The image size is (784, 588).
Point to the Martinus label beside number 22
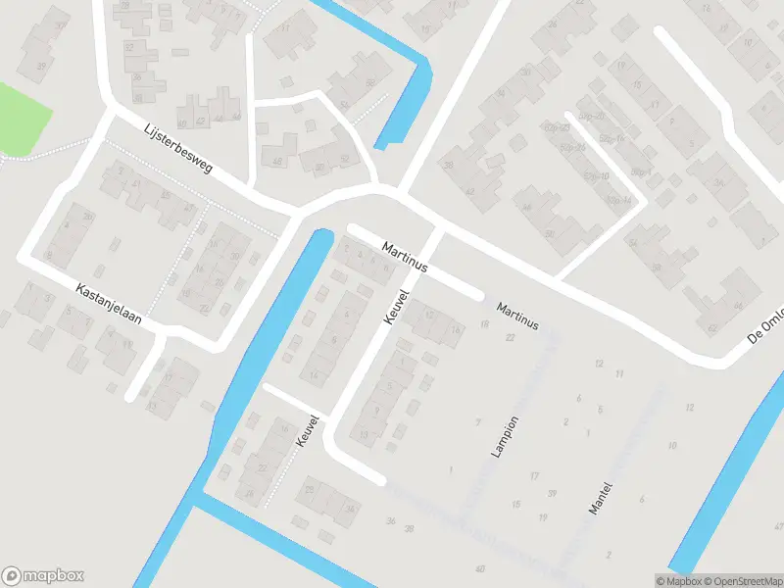click(517, 316)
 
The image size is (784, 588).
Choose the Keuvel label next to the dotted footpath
click(308, 431)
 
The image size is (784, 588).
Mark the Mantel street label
click(601, 499)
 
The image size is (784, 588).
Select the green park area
click(22, 120)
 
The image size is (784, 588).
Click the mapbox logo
click(43, 576)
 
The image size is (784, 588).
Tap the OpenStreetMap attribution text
click(736, 581)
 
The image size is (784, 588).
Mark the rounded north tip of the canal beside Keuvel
click(320, 236)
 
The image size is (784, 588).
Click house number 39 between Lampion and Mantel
click(553, 493)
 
